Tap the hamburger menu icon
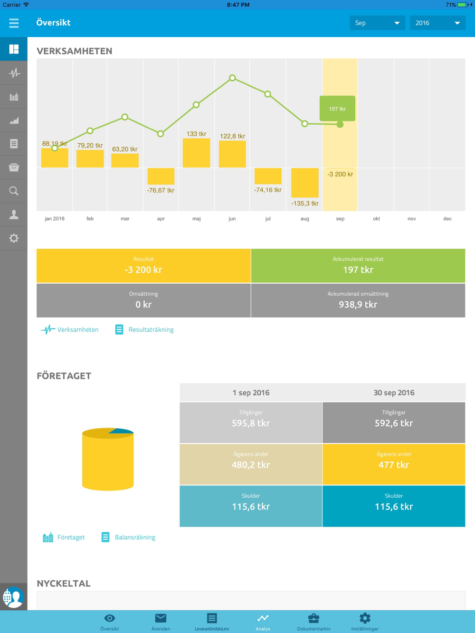[14, 23]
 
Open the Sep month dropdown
[377, 23]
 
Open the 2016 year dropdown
[437, 23]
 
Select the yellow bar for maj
[196, 153]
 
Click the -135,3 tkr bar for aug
[305, 183]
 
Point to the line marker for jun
[232, 78]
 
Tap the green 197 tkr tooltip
[337, 109]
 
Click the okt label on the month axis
[376, 219]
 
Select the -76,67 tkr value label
[161, 190]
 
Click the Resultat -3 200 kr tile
[143, 266]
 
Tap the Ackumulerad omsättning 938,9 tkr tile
[358, 300]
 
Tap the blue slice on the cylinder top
[122, 431]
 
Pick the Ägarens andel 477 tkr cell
[394, 464]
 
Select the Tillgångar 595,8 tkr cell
[251, 422]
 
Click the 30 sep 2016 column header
[394, 393]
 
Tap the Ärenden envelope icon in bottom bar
[161, 619]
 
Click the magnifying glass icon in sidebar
[14, 191]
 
